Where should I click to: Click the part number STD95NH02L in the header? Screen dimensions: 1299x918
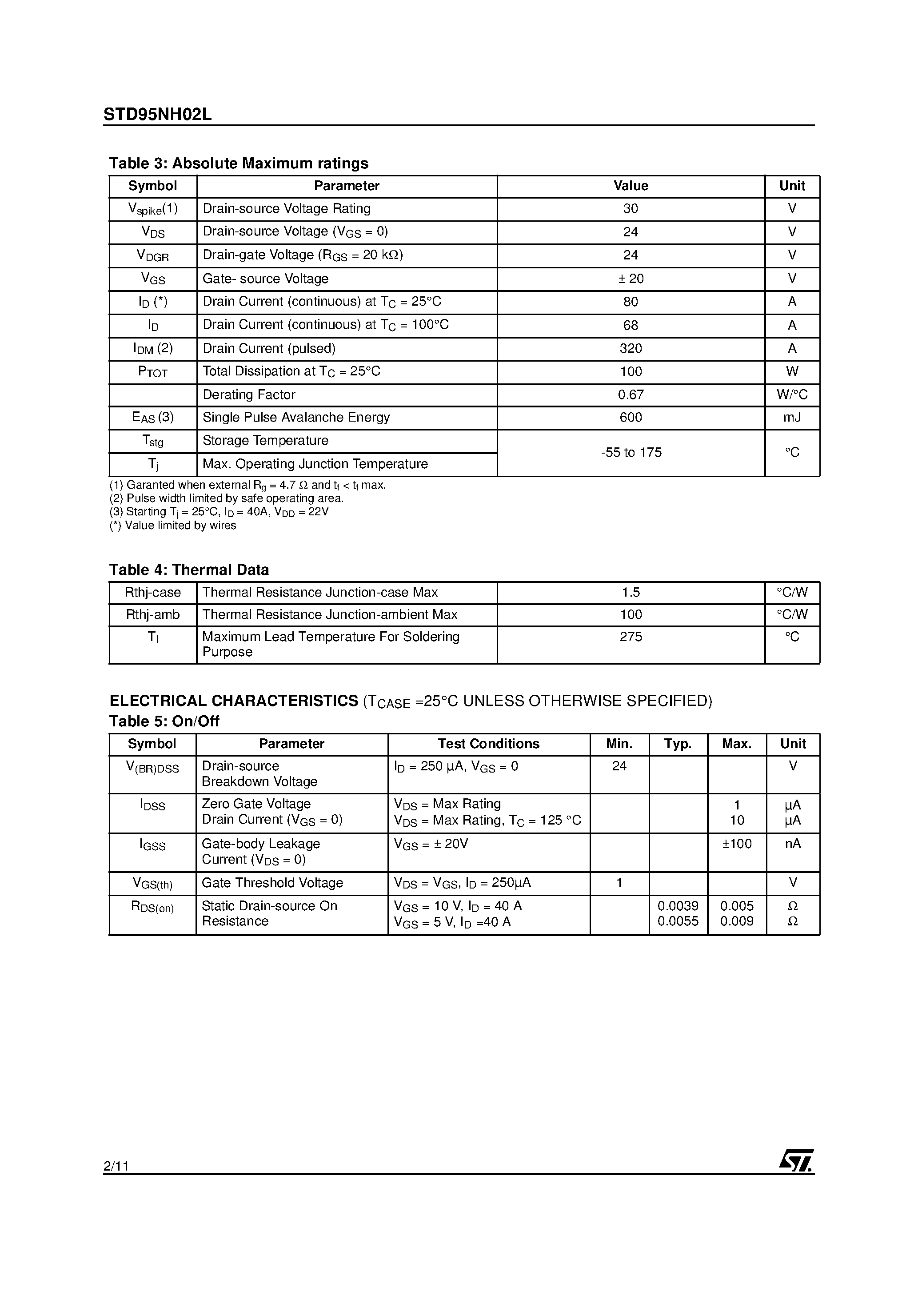click(x=157, y=115)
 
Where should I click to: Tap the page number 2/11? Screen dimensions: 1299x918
click(x=116, y=1166)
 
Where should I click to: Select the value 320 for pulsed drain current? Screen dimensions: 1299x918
click(x=631, y=348)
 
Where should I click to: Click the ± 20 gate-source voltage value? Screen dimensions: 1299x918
click(x=631, y=279)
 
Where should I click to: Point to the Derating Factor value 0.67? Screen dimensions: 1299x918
click(x=631, y=395)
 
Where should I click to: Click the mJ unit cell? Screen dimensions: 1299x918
click(x=792, y=418)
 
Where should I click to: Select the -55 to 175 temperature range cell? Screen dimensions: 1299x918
click(x=631, y=453)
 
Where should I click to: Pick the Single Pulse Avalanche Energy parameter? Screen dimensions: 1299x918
click(x=296, y=418)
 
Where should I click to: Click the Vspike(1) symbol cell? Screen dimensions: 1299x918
click(x=153, y=209)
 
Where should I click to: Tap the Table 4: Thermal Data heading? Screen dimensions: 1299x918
click(x=189, y=570)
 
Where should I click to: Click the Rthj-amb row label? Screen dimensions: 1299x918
click(x=153, y=615)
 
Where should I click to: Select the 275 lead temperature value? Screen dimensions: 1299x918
click(x=631, y=637)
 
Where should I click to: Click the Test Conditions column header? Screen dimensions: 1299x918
click(x=488, y=744)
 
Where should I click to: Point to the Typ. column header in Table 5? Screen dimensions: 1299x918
click(x=678, y=744)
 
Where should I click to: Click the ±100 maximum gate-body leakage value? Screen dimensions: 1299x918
click(x=736, y=844)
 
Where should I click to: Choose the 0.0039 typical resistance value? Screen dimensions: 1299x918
click(x=678, y=906)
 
